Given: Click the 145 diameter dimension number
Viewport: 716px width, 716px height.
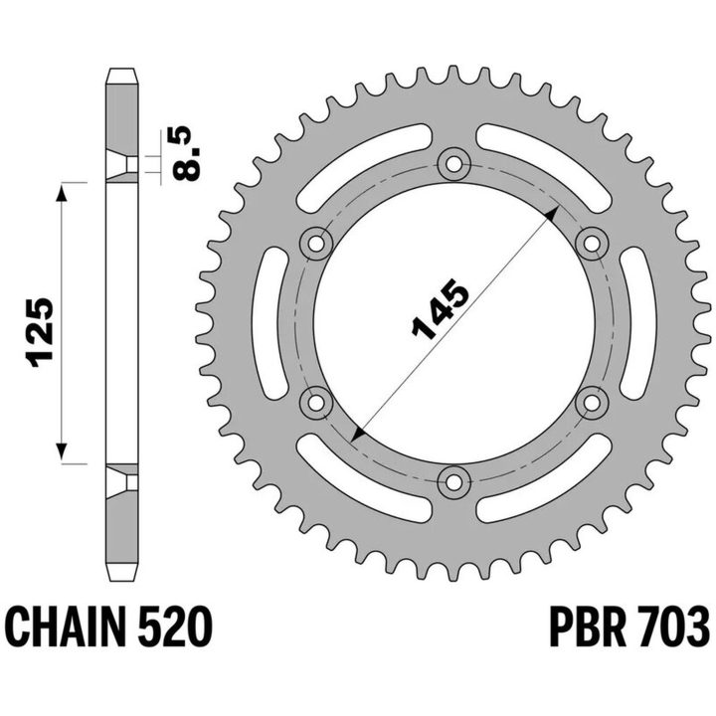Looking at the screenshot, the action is click(x=441, y=310).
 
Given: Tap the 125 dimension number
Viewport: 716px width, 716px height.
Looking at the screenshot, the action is click(x=41, y=333).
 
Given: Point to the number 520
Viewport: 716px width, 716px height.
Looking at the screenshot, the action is click(x=175, y=626).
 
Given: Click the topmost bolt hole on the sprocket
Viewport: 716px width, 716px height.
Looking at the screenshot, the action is click(x=453, y=164).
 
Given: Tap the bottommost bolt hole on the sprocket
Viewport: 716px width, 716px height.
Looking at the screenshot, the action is click(x=453, y=482).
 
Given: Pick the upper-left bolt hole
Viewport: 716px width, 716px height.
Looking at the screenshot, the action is click(x=316, y=244).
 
